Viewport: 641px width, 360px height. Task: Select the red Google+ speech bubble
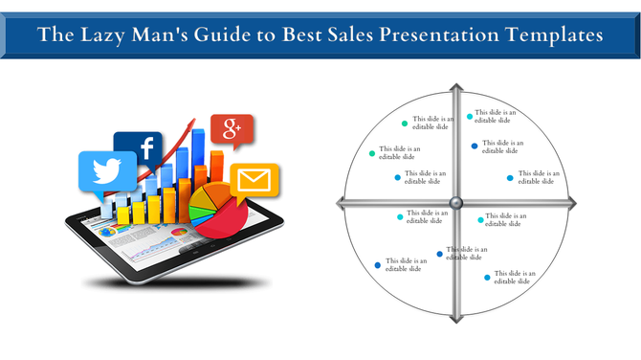coord(231,129)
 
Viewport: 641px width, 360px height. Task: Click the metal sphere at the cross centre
coord(456,202)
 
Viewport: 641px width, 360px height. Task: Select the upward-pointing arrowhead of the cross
coord(456,94)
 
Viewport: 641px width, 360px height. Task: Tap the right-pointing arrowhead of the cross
coord(571,202)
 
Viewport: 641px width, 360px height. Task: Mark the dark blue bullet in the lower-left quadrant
coord(378,265)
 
